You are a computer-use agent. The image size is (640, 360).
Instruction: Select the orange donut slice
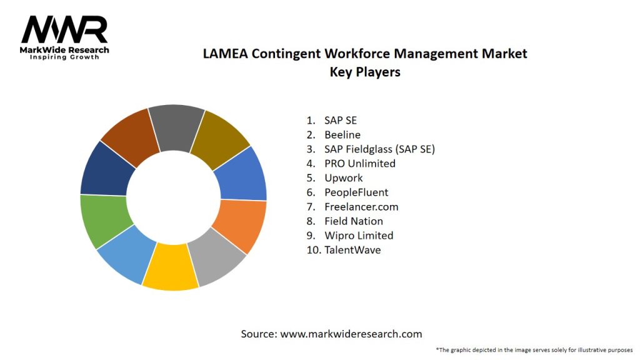242,225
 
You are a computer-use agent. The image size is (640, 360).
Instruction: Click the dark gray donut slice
177,127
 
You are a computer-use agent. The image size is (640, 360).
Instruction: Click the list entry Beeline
342,134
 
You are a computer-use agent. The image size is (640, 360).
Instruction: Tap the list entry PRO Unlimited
359,163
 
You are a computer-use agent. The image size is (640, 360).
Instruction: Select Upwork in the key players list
343,177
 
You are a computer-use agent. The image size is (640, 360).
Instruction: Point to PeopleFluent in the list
356,192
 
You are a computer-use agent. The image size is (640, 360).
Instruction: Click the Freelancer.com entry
361,206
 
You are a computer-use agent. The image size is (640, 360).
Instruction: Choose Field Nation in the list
353,221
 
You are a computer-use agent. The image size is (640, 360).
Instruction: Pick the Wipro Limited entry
359,235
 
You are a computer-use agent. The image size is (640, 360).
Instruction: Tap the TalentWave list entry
352,249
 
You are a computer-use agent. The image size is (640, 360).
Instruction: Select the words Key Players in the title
365,72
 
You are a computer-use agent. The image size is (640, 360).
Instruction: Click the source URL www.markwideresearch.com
351,334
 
